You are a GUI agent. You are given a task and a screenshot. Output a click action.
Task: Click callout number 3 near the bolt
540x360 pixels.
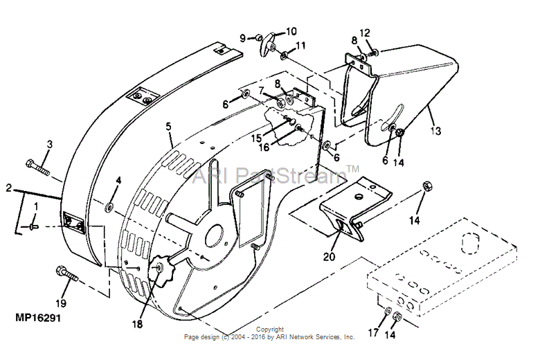(49, 144)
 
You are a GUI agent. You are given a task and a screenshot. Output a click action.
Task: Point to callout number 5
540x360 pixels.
(168, 127)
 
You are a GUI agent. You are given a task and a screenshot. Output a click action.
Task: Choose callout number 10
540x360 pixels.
(291, 31)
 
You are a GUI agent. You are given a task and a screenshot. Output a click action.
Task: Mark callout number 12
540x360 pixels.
(365, 33)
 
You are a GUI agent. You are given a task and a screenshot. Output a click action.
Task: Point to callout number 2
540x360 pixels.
(8, 188)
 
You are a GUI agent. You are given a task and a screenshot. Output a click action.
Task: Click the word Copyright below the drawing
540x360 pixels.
(269, 330)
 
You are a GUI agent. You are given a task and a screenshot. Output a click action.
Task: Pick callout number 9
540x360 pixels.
(243, 37)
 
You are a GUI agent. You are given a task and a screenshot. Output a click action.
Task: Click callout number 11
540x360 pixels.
(300, 46)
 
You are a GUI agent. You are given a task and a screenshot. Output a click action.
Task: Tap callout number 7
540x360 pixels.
(261, 91)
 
